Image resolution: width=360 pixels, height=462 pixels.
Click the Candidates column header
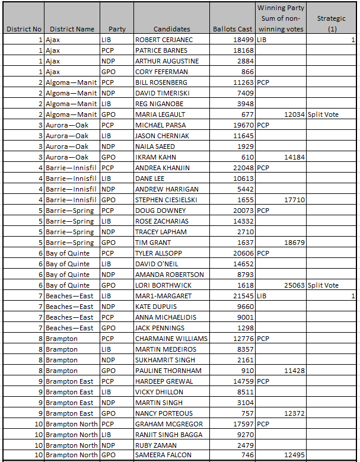172,29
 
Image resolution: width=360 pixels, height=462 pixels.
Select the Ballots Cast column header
232,29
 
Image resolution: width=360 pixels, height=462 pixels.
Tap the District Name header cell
72,29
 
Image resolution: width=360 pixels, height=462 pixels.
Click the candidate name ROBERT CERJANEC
164,40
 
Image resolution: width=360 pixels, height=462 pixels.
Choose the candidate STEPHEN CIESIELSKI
167,200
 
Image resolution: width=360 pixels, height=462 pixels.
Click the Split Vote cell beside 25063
323,285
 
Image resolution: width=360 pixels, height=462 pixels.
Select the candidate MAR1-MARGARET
163,296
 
